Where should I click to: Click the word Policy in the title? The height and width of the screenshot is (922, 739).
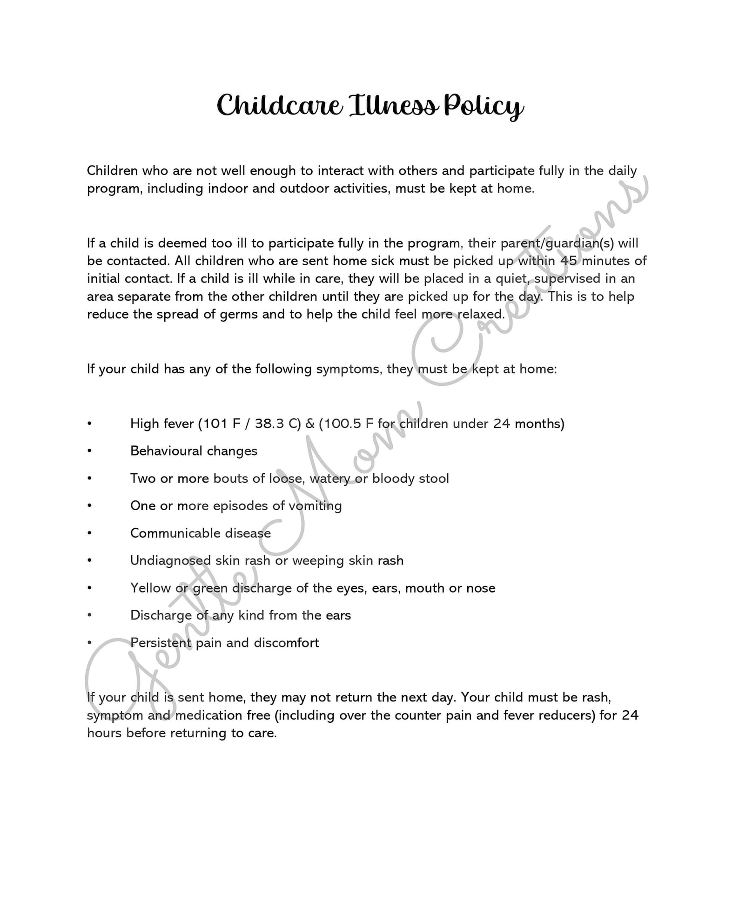(484, 107)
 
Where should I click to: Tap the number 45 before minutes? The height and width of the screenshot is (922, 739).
(569, 261)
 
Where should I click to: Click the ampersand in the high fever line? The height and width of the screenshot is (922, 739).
(310, 424)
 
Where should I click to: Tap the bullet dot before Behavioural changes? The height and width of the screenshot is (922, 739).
(89, 451)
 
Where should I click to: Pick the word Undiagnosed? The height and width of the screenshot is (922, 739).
(170, 561)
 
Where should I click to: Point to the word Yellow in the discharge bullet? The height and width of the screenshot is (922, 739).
(151, 588)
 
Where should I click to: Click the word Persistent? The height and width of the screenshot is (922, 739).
(161, 643)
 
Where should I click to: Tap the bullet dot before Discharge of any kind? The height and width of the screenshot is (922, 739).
(89, 616)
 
